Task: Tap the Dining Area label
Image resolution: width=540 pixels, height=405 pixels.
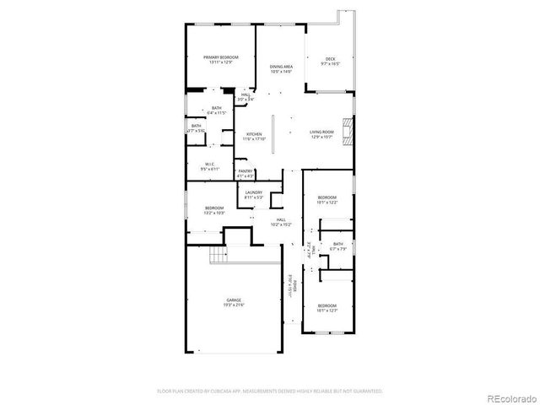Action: (x=281, y=68)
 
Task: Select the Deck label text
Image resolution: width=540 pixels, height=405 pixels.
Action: (x=329, y=61)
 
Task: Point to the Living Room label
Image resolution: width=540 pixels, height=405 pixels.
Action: (x=322, y=134)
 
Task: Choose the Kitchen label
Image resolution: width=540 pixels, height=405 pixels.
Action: (x=254, y=137)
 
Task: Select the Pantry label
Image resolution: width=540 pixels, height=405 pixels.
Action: (x=245, y=173)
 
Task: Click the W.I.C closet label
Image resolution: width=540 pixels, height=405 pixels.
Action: (x=208, y=166)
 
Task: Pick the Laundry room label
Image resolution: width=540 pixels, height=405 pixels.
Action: (x=254, y=194)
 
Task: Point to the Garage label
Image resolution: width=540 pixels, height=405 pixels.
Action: (x=234, y=301)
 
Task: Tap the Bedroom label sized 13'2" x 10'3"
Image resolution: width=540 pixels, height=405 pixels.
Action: (x=213, y=210)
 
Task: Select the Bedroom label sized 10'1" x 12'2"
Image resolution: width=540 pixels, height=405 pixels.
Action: (x=327, y=199)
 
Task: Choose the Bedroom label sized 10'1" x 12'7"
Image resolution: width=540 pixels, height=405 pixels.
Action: (x=327, y=307)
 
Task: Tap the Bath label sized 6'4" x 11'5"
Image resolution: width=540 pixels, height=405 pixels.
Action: (x=217, y=110)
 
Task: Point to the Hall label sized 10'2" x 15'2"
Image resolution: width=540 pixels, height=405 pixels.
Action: (x=281, y=222)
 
